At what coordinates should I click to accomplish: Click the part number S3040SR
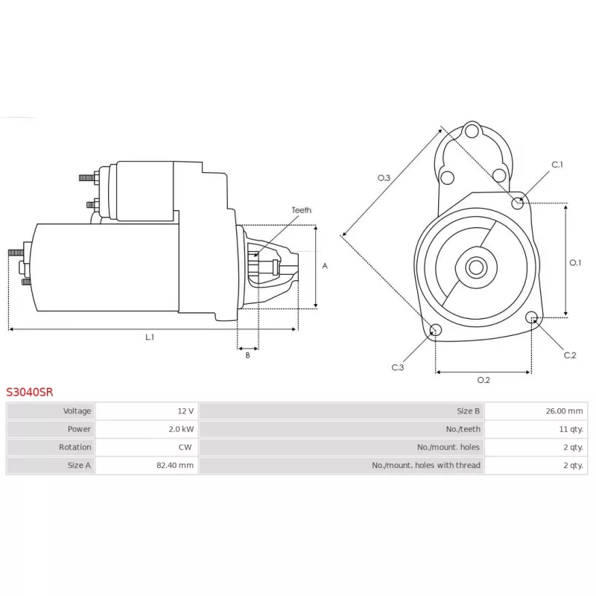tap(30, 390)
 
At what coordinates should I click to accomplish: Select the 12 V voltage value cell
tap(186, 411)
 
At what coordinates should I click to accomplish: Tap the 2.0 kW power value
tap(182, 429)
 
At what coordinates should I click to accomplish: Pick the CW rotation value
tap(186, 447)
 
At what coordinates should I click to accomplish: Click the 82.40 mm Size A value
tap(177, 465)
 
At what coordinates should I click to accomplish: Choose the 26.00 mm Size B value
tap(565, 411)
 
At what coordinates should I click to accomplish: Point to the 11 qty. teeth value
tap(571, 429)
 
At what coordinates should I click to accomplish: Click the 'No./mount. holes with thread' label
tap(426, 465)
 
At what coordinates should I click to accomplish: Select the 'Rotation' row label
tap(75, 447)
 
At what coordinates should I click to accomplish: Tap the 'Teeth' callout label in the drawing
tap(302, 210)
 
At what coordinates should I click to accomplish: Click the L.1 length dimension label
tap(150, 337)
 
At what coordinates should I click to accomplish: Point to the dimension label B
tap(248, 355)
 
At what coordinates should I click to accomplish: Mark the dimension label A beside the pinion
tap(324, 265)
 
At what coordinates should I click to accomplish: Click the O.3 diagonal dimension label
tap(384, 178)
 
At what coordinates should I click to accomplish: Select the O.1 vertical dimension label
tap(575, 262)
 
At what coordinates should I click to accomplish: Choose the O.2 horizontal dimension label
tap(483, 380)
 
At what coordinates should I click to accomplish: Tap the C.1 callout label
tap(557, 165)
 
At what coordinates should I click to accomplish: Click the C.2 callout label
tap(570, 355)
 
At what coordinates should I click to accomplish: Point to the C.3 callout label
tap(398, 367)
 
